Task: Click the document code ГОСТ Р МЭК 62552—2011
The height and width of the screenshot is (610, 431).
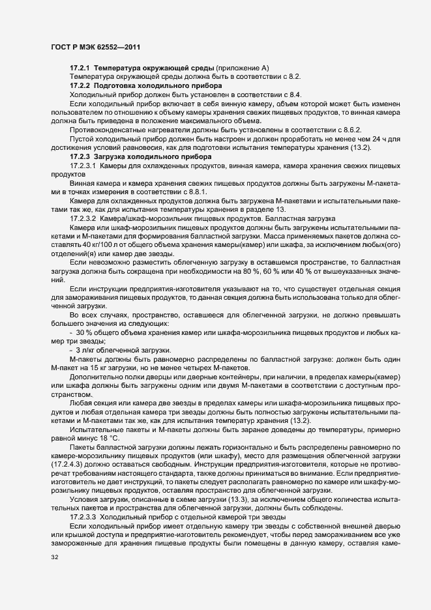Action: point(95,48)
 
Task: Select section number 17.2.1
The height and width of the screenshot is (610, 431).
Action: point(80,68)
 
